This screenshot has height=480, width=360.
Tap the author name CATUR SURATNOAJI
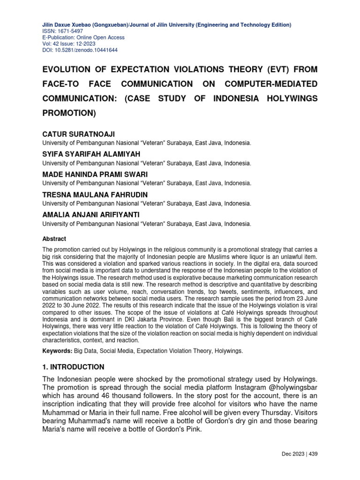(78, 135)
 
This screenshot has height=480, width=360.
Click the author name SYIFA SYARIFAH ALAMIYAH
(91, 154)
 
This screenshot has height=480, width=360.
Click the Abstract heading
(54, 239)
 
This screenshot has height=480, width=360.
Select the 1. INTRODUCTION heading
(73, 367)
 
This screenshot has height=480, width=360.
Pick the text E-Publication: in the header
(60, 37)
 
